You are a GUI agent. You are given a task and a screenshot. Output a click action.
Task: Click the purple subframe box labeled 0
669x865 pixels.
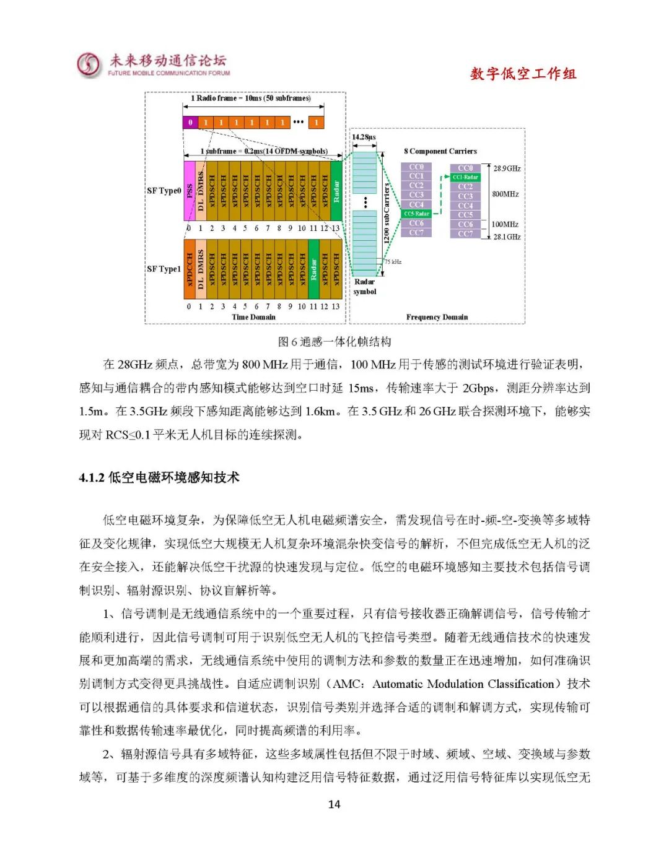pos(190,123)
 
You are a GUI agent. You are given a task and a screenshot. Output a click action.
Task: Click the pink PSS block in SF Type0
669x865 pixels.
pos(190,191)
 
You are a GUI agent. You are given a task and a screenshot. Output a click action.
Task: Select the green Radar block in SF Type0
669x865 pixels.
pos(336,191)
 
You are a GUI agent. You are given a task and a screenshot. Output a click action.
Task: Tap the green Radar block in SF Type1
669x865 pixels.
pos(313,269)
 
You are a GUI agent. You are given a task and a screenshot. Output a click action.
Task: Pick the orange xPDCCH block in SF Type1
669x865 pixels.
pos(190,269)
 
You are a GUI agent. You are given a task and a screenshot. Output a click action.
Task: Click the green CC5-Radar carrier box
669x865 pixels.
pos(416,214)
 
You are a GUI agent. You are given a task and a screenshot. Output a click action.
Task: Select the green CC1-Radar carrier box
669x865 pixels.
pos(465,177)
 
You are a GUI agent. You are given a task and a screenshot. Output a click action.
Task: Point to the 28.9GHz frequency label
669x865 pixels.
pos(507,168)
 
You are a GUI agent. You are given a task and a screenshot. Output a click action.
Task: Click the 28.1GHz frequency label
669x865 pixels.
pos(507,237)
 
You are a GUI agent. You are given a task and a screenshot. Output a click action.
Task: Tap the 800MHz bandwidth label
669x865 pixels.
pos(505,194)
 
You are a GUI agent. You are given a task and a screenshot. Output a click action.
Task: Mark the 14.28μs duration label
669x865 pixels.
pos(364,137)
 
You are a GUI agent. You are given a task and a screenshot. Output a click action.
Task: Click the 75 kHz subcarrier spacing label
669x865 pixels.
pos(393,262)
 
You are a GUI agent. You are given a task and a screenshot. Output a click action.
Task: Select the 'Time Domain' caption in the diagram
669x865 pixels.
pos(253,317)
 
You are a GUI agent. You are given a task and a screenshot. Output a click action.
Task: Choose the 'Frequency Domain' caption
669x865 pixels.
pos(437,317)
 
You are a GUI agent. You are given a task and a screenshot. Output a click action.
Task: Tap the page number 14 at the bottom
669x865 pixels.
pos(334,804)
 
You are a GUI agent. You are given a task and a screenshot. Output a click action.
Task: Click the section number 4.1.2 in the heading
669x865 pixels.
pos(92,477)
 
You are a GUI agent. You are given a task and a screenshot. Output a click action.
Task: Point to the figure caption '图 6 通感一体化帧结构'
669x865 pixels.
pos(334,342)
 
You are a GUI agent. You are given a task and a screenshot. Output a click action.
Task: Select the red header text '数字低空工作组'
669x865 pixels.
pos(523,74)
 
